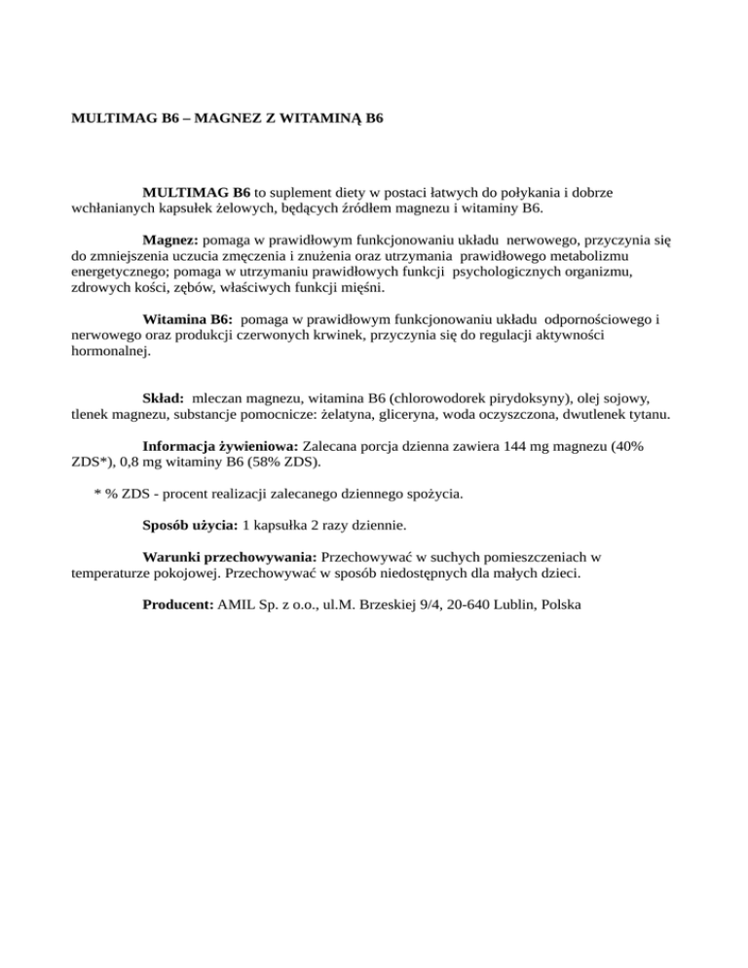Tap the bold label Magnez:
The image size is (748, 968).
[x=169, y=239]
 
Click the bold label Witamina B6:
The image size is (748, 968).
[x=186, y=318]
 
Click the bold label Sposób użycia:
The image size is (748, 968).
[x=190, y=525]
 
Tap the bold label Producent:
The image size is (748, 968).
[x=177, y=605]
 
